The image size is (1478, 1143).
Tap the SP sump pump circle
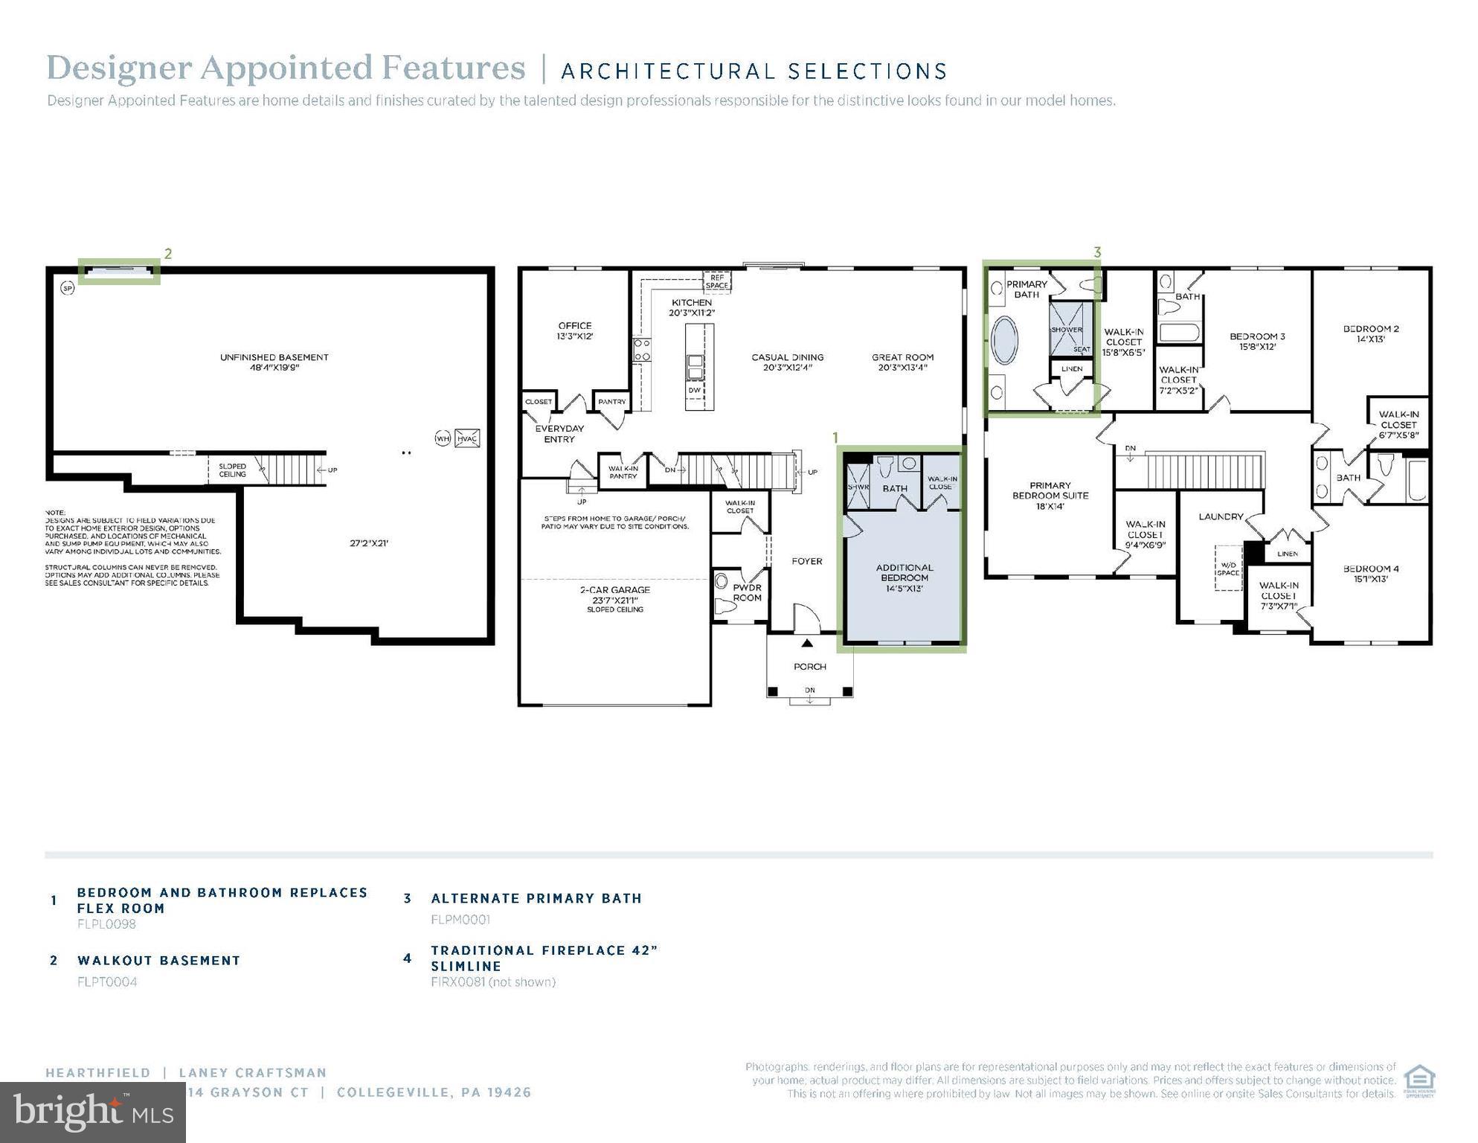click(68, 287)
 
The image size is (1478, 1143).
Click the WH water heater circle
click(443, 438)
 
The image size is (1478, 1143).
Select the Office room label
click(574, 330)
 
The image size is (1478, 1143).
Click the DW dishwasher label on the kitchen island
click(693, 390)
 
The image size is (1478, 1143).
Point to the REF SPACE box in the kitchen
click(717, 281)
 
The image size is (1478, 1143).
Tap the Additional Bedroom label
click(905, 577)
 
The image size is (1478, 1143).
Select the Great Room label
click(902, 362)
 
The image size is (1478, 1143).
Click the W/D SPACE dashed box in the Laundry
click(1228, 569)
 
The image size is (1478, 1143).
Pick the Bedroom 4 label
click(1370, 574)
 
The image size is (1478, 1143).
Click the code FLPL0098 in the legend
click(106, 924)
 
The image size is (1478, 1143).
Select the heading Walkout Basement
click(159, 961)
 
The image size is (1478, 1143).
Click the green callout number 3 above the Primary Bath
click(1096, 253)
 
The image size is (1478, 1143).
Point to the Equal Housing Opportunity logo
click(1418, 1081)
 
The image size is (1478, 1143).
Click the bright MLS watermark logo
click(93, 1112)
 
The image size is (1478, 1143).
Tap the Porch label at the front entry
click(809, 667)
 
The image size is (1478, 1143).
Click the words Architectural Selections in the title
click(754, 71)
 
